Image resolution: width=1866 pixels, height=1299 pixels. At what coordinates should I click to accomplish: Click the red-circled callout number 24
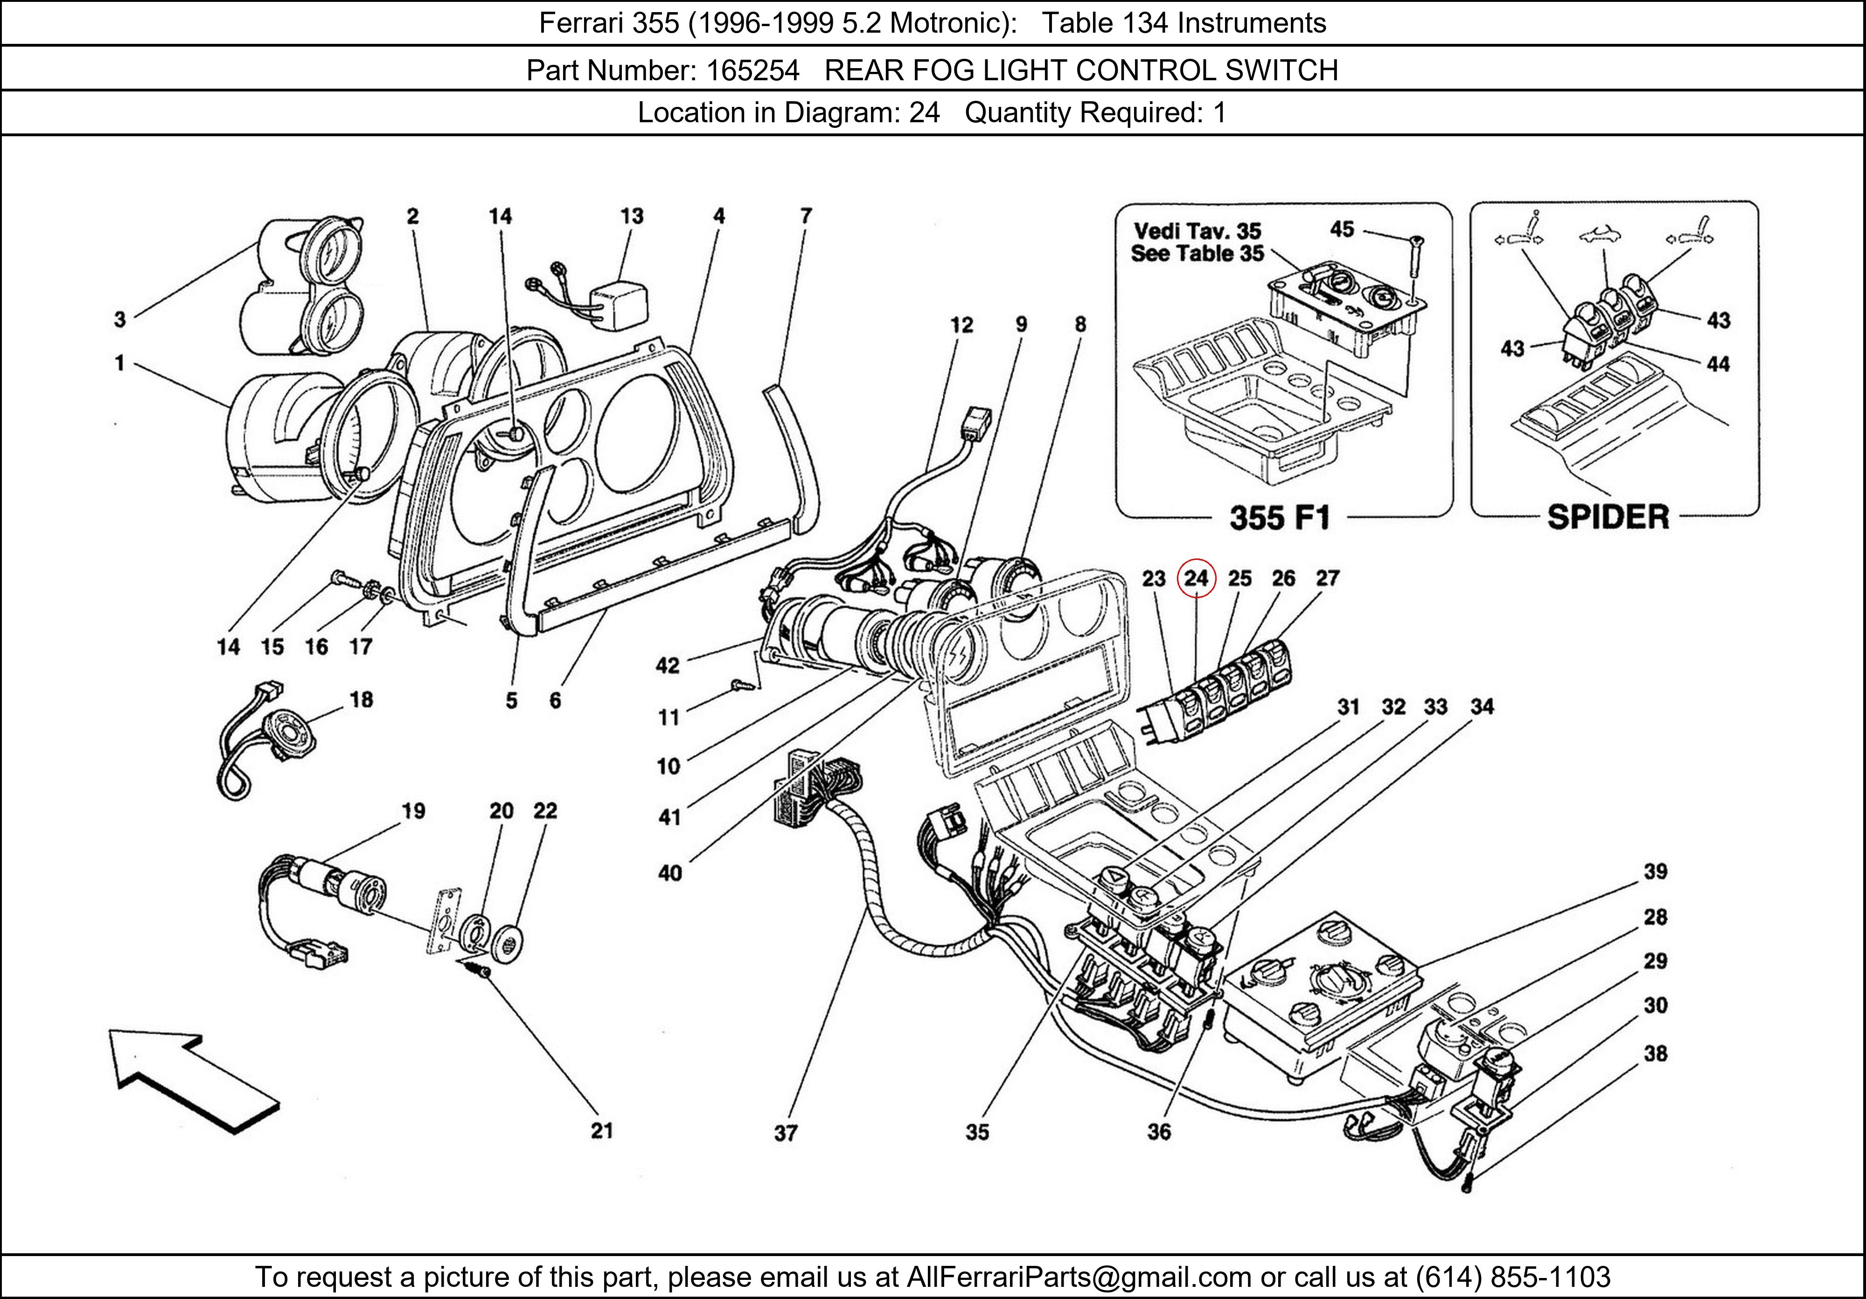click(1196, 578)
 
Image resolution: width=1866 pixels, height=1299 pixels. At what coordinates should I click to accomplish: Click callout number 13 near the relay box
click(632, 216)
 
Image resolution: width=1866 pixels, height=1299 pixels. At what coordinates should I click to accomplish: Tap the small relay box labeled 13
click(620, 307)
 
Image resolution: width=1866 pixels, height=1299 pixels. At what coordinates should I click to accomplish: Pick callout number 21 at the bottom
click(601, 1130)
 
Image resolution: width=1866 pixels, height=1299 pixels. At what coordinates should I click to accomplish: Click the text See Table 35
click(1197, 254)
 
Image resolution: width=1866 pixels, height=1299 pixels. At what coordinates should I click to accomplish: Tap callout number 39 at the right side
click(1656, 872)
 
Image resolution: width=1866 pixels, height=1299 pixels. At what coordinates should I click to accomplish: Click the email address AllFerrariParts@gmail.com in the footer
click(1079, 1277)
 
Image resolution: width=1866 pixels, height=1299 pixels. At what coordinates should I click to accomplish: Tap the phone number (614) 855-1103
click(1512, 1277)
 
